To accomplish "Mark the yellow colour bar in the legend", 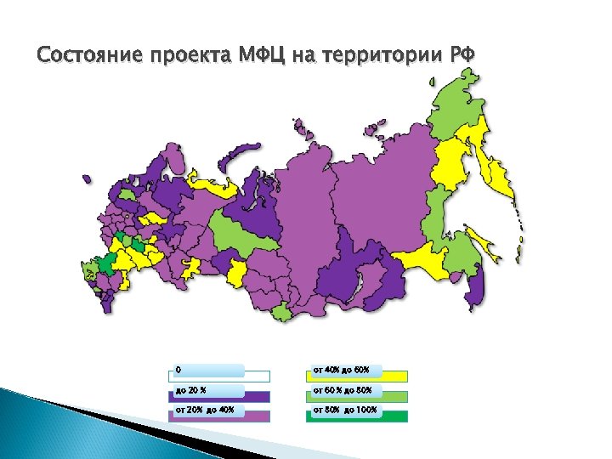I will tap(357, 377).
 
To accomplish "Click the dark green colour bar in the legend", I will tap(357, 417).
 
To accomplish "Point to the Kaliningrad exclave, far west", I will tap(86, 178).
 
